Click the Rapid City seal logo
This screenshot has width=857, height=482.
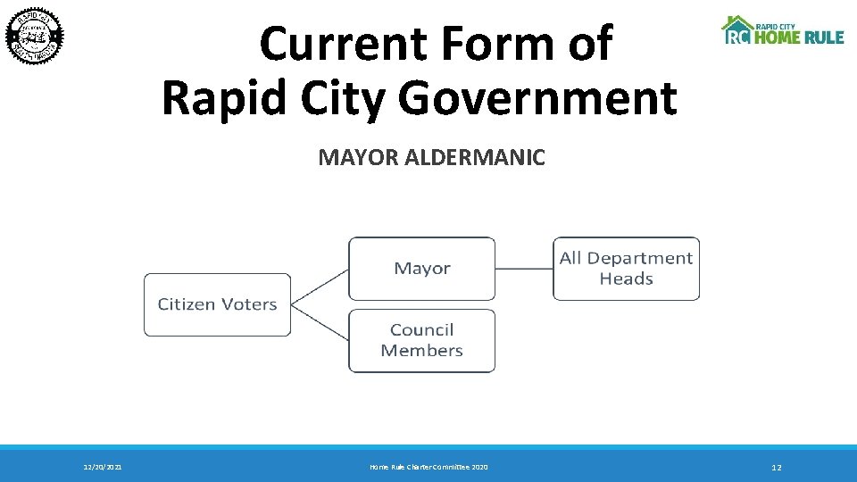(36, 36)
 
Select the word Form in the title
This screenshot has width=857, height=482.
(499, 43)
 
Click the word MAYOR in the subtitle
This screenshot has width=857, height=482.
(359, 158)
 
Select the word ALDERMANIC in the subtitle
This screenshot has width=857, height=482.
(474, 158)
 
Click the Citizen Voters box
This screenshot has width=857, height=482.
(218, 304)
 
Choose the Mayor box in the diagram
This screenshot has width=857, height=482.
(421, 268)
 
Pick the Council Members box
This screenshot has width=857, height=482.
(421, 340)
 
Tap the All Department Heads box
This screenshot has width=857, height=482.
(626, 268)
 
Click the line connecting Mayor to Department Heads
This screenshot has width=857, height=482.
(524, 268)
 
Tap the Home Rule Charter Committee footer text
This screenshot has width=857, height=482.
(428, 467)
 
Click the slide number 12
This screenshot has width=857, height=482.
(776, 467)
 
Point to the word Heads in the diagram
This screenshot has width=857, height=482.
(626, 278)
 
